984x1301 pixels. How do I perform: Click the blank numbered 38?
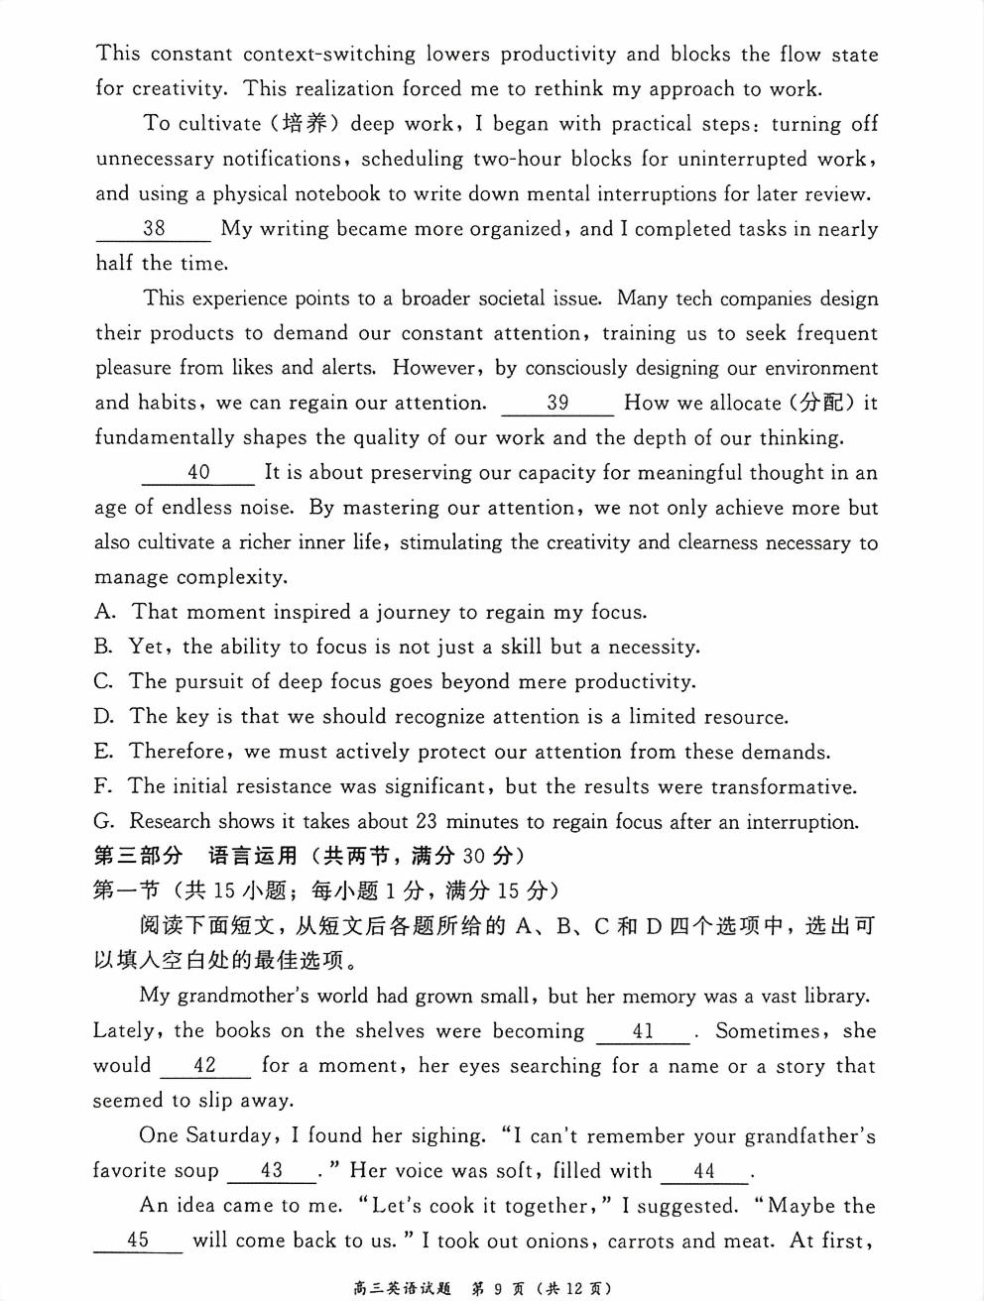pyautogui.click(x=154, y=229)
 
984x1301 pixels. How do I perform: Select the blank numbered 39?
pyautogui.click(x=557, y=403)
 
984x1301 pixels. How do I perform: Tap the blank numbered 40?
pyautogui.click(x=198, y=473)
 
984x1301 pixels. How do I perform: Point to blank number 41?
pyautogui.click(x=643, y=1031)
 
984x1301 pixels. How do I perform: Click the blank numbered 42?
pyautogui.click(x=204, y=1066)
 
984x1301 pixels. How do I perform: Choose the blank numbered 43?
pyautogui.click(x=272, y=1171)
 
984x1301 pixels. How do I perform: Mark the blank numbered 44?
pyautogui.click(x=704, y=1171)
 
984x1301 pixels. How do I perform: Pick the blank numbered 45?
pyautogui.click(x=138, y=1241)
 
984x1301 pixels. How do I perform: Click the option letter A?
pyautogui.click(x=104, y=612)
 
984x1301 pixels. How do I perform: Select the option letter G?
pyautogui.click(x=104, y=821)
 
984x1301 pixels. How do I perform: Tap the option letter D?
pyautogui.click(x=104, y=716)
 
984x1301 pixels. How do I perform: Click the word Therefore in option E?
pyautogui.click(x=178, y=752)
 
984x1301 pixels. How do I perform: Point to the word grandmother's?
pyautogui.click(x=230, y=996)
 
